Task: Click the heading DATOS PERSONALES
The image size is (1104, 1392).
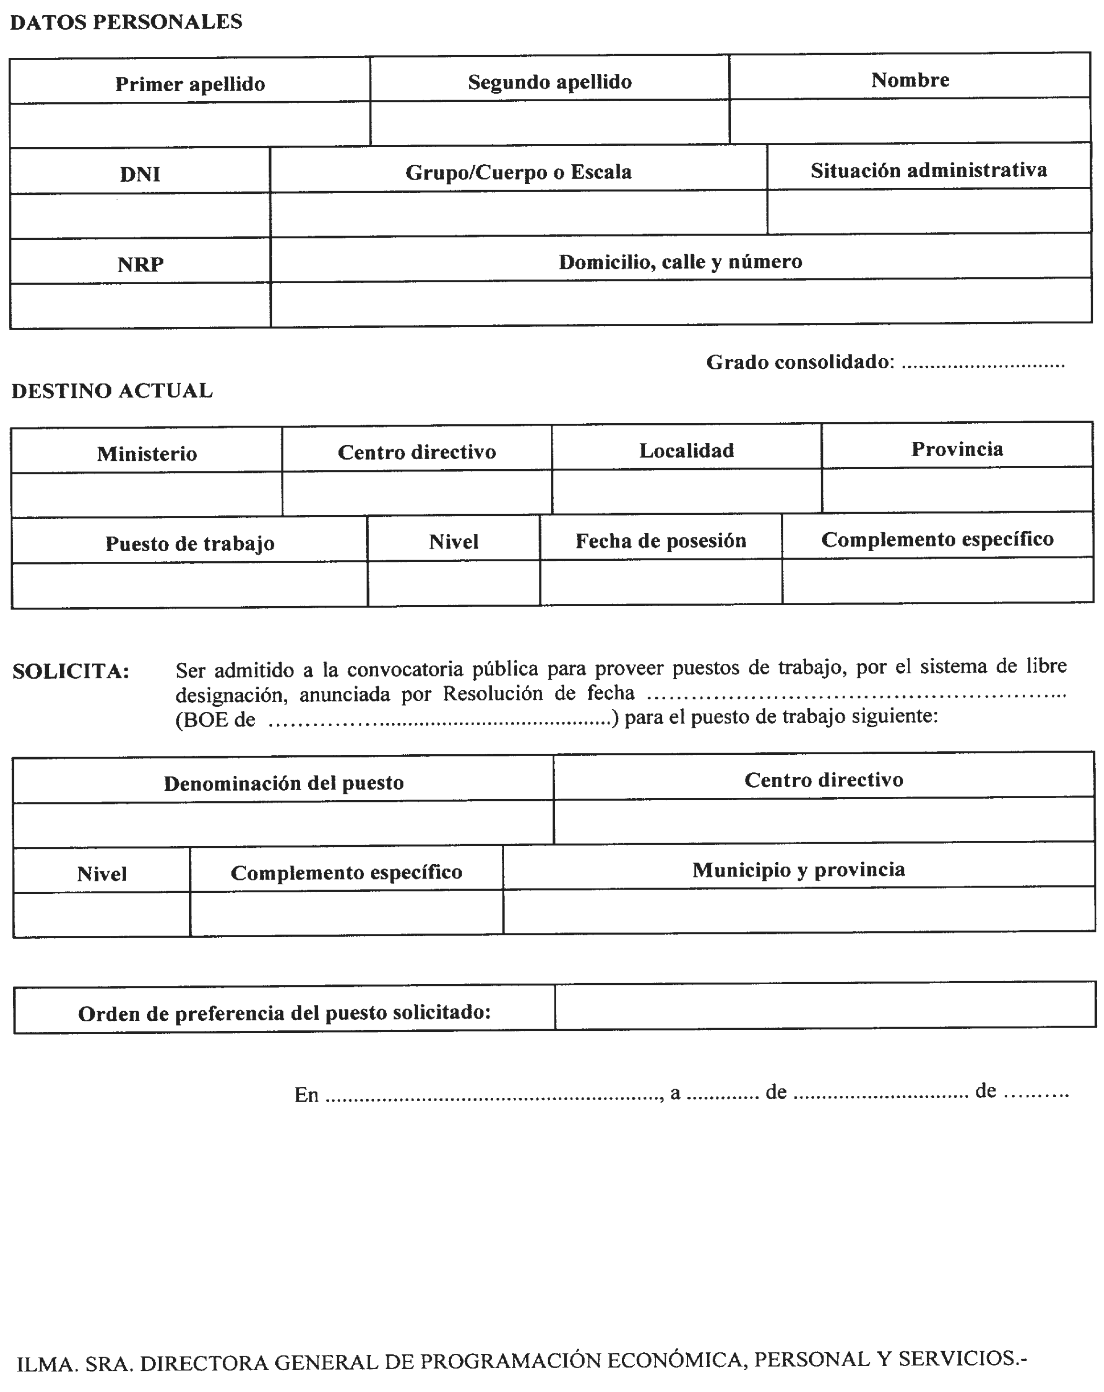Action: point(126,22)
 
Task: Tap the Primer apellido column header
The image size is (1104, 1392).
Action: point(190,84)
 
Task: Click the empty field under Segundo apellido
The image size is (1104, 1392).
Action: point(549,123)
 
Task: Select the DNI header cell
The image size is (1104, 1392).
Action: point(140,174)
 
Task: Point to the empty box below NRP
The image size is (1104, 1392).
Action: point(140,305)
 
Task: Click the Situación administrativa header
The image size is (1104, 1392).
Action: point(928,170)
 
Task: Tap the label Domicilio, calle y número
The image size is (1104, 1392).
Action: point(680,261)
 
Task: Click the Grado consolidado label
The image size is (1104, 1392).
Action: point(800,362)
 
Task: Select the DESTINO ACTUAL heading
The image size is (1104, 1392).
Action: point(112,391)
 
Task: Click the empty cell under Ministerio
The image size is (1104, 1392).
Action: point(147,494)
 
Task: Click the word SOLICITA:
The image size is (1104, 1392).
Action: point(71,672)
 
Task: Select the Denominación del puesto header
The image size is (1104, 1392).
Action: point(283,783)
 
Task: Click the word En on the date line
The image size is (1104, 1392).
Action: point(306,1094)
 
